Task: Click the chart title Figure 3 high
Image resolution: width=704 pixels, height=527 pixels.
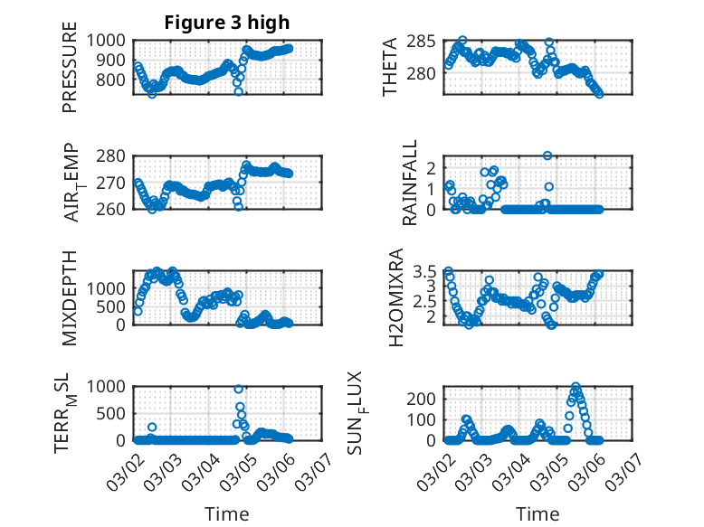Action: click(x=227, y=23)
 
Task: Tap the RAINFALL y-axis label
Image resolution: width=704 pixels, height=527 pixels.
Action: click(x=410, y=183)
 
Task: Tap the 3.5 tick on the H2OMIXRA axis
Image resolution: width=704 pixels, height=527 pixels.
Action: click(x=429, y=271)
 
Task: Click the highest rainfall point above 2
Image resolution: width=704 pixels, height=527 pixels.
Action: click(x=547, y=155)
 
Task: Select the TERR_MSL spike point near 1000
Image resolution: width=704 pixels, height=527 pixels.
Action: click(x=239, y=389)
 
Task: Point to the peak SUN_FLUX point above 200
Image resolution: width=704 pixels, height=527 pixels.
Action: click(x=576, y=387)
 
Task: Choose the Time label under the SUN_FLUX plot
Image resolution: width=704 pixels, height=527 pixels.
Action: click(x=538, y=513)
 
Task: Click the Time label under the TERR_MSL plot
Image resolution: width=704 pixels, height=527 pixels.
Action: click(x=227, y=513)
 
